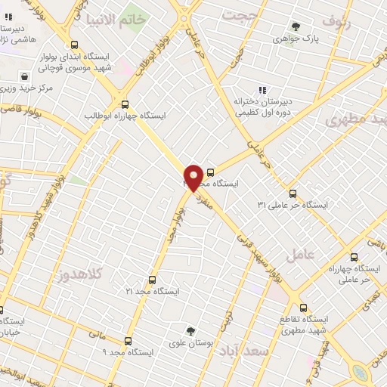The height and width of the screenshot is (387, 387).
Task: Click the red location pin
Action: (193, 177)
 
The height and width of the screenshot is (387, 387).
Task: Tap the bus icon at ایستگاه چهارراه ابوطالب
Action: (125, 104)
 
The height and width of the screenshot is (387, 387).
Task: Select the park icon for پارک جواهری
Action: (296, 27)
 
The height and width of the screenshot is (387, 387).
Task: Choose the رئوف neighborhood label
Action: (337, 17)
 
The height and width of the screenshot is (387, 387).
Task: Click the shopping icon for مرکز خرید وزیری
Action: (26, 76)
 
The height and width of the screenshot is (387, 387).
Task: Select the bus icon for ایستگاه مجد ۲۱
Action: (152, 280)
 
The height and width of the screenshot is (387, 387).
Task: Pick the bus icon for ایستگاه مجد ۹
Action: (128, 341)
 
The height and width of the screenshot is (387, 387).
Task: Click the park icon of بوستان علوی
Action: (190, 331)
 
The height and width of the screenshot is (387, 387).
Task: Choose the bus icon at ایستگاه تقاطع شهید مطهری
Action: (304, 308)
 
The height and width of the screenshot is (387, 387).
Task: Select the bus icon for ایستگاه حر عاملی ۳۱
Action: (293, 193)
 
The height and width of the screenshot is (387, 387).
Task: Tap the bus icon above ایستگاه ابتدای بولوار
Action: (73, 45)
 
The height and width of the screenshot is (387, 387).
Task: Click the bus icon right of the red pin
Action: (210, 172)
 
